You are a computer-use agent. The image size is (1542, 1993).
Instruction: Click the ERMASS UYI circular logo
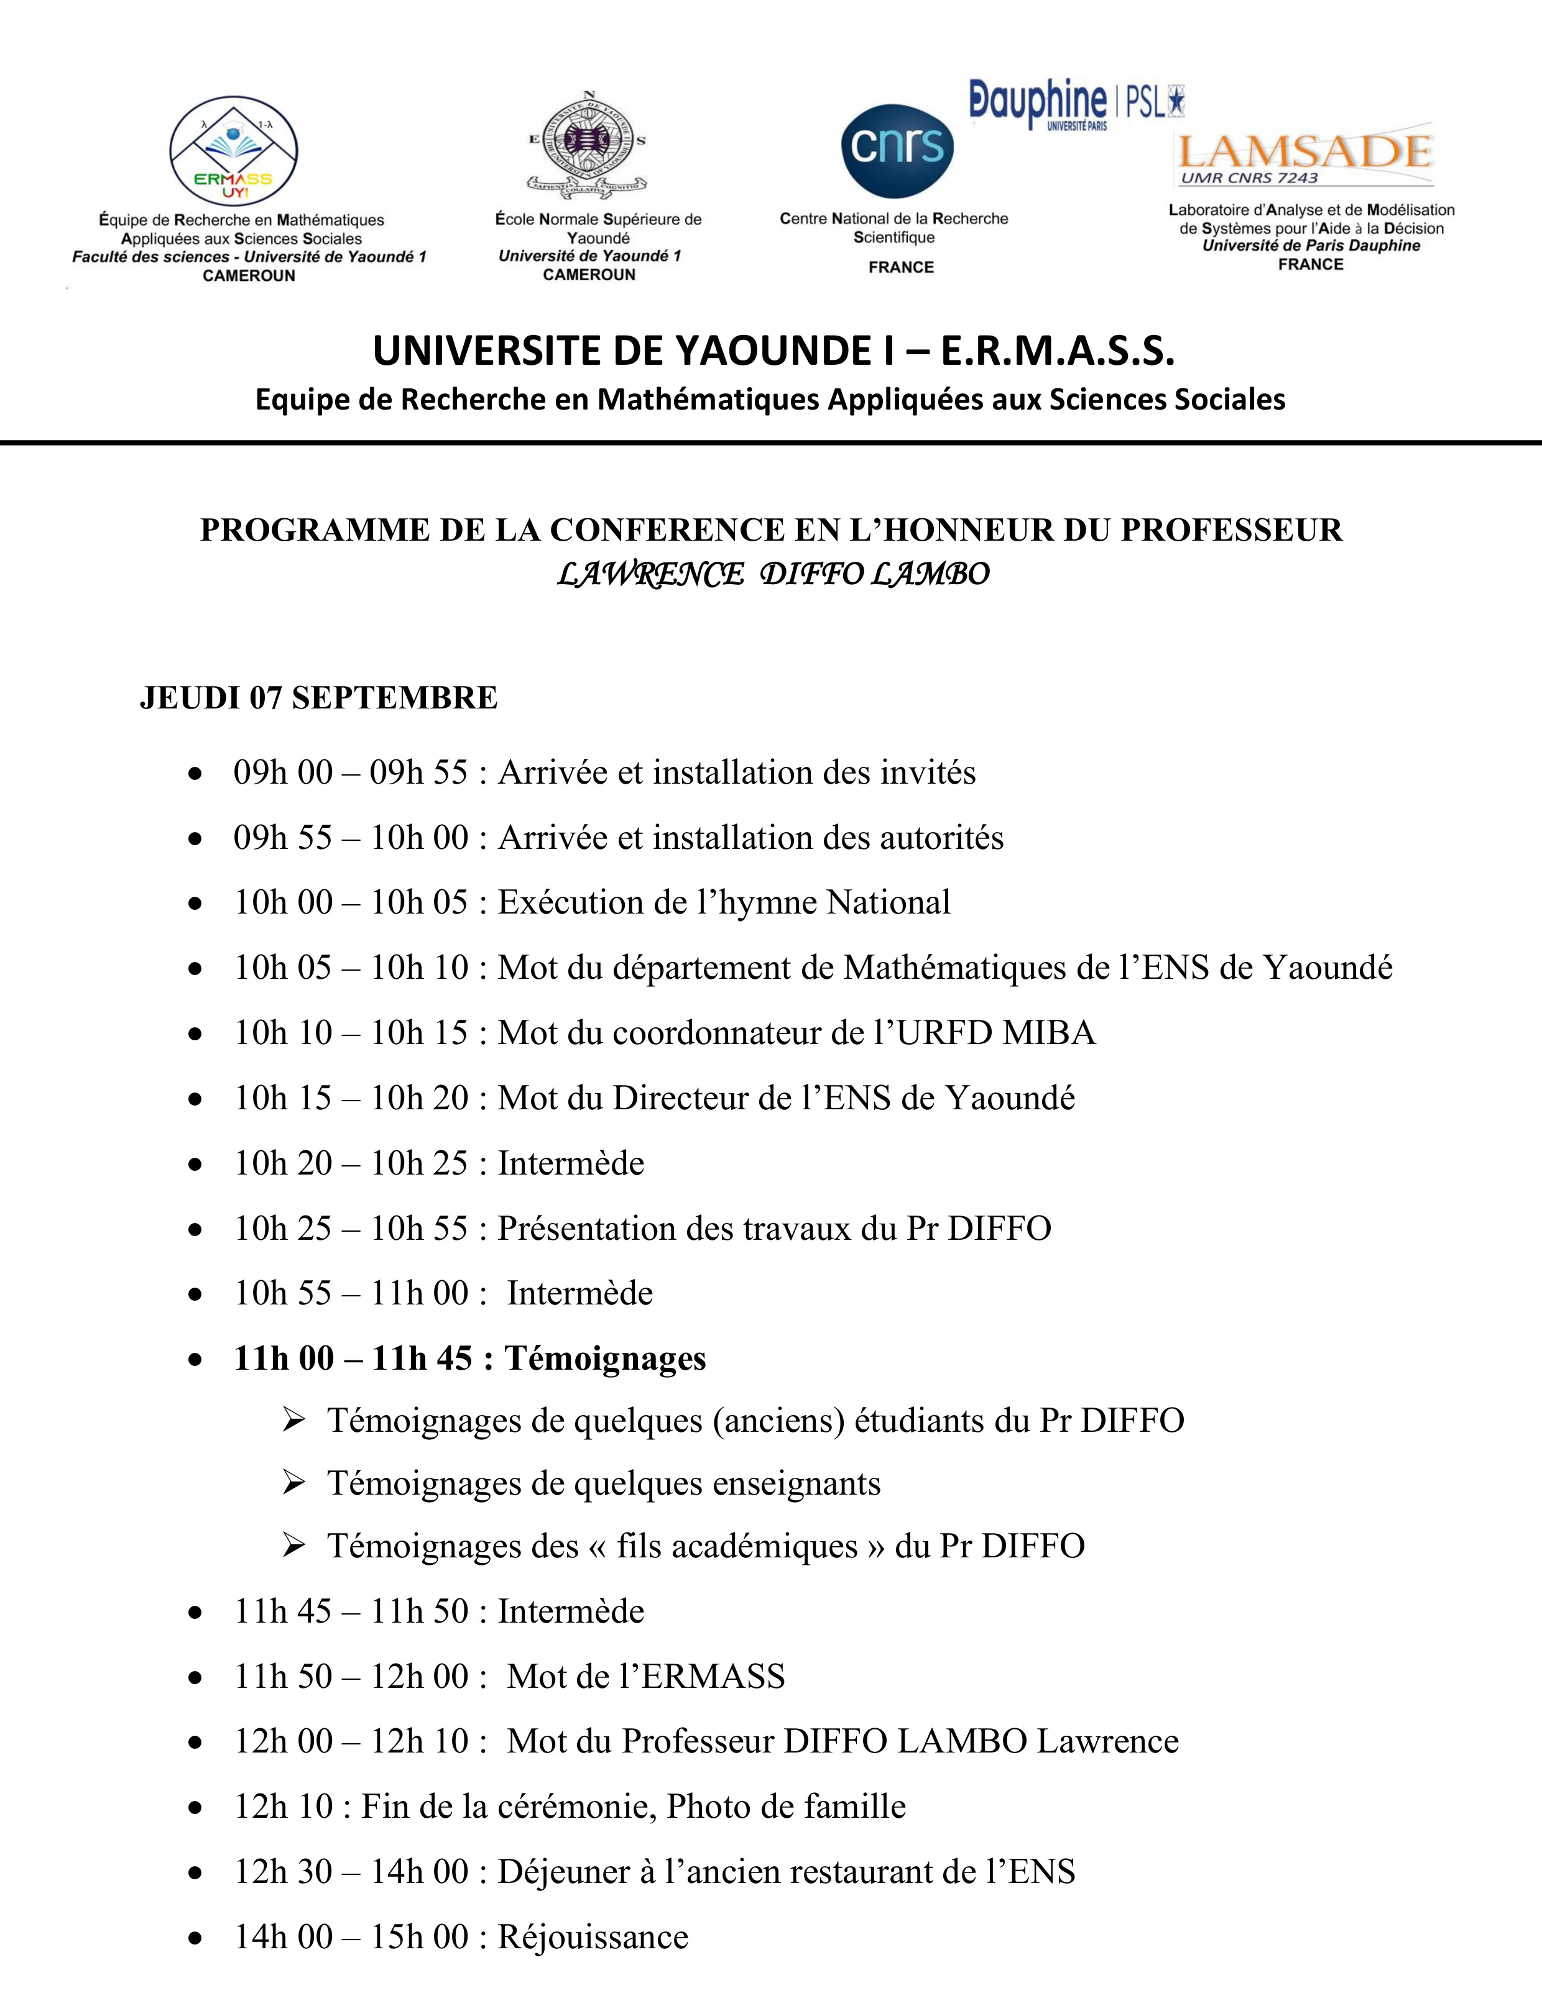click(x=234, y=150)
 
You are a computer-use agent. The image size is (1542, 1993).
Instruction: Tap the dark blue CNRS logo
click(x=897, y=150)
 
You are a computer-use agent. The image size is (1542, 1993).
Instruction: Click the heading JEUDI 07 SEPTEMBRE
click(x=318, y=698)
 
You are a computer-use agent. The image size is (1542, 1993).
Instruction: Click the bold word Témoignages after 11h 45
click(x=605, y=1358)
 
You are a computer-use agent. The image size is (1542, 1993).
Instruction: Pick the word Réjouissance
click(x=593, y=1936)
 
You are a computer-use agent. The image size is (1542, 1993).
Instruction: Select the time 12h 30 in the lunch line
click(x=283, y=1872)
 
